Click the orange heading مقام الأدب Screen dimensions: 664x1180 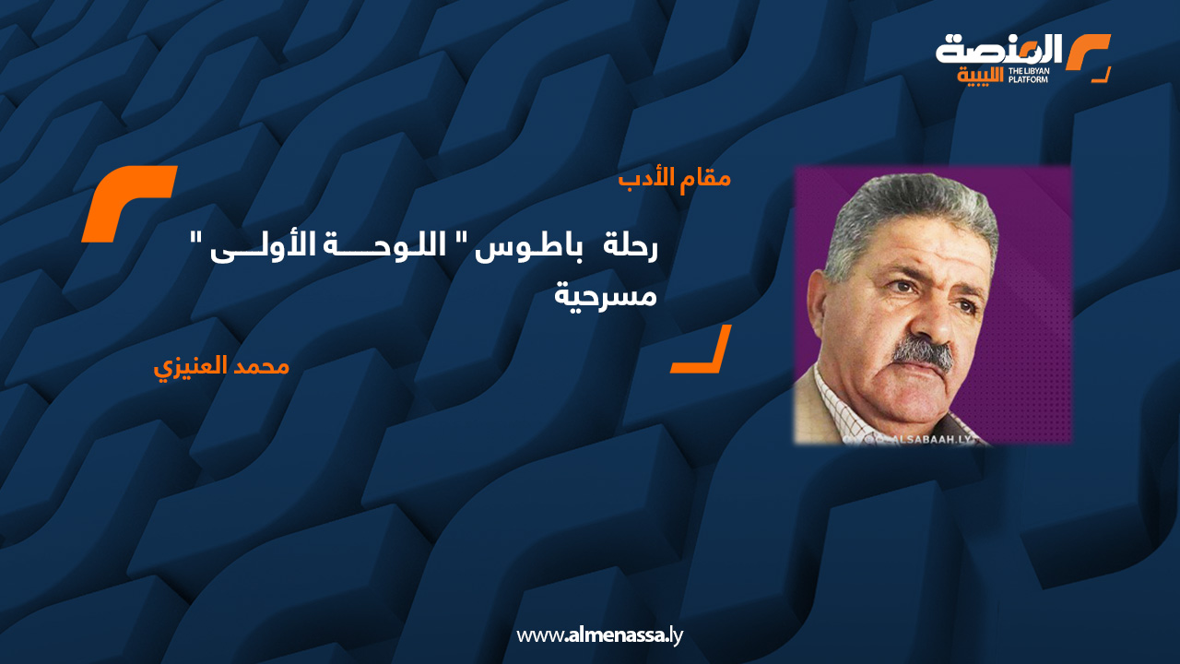674,177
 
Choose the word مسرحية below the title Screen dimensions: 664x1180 606,296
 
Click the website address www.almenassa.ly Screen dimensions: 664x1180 599,634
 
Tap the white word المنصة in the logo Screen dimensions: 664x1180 999,50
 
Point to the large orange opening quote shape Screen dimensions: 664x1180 129,203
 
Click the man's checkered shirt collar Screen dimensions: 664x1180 844,406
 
